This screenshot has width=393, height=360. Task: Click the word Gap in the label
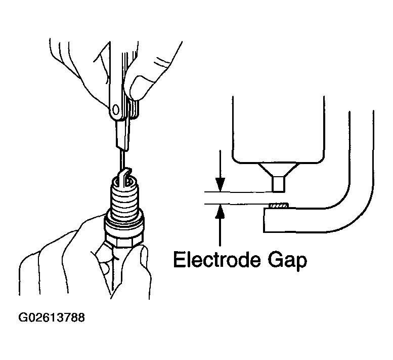pyautogui.click(x=290, y=261)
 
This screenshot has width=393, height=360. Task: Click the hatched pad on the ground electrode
pyautogui.click(x=278, y=206)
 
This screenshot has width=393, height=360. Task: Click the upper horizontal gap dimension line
pyautogui.click(x=238, y=192)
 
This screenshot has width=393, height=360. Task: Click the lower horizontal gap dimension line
pyautogui.click(x=238, y=204)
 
